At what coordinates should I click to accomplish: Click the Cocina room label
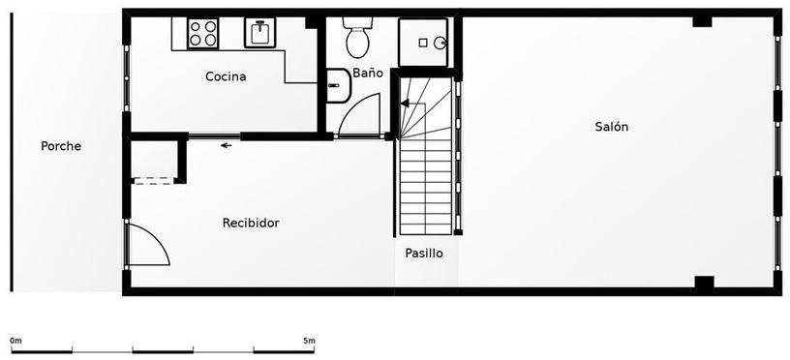click(226, 77)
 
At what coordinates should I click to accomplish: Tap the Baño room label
click(367, 73)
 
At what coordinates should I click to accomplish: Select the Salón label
click(612, 127)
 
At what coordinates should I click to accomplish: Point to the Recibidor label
click(251, 223)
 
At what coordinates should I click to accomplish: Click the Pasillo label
click(424, 254)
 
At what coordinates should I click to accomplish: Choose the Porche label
click(61, 146)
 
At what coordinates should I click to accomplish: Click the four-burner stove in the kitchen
click(202, 33)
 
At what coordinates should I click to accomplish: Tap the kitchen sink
click(260, 33)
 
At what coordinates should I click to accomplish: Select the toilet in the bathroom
click(357, 38)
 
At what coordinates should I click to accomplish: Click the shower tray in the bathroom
click(423, 43)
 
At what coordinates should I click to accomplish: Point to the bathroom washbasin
click(338, 85)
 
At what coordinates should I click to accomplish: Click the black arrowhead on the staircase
click(405, 104)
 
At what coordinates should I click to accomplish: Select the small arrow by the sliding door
click(227, 145)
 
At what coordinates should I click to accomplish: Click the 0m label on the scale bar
click(16, 341)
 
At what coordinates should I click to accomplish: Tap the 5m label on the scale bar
click(309, 341)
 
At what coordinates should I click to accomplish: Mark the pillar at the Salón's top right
click(702, 21)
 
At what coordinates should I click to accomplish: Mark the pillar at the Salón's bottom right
click(705, 282)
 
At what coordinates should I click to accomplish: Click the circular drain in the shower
click(439, 44)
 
